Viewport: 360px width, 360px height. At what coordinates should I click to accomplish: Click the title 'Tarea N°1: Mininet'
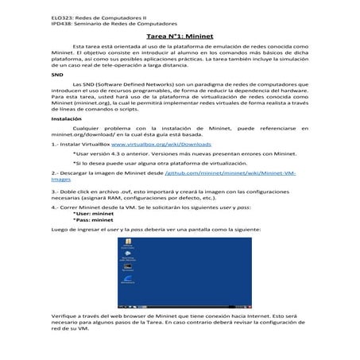coord(180,37)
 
